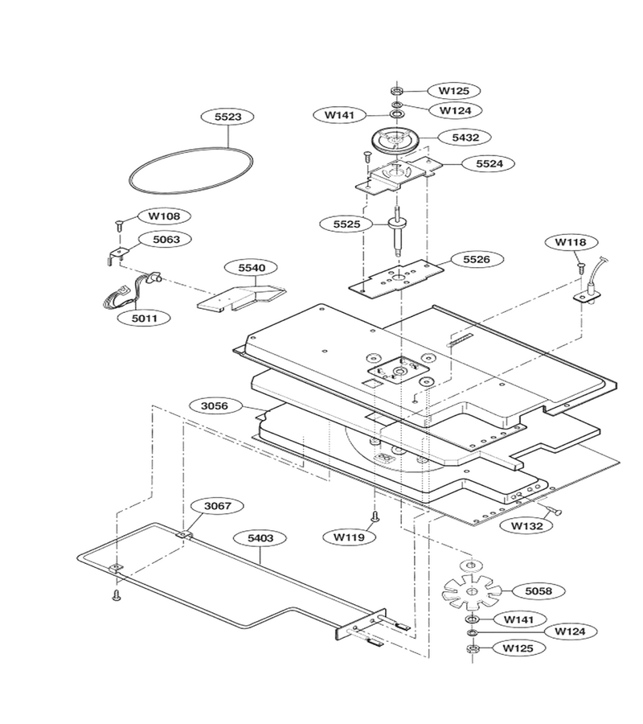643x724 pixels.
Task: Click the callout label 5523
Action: pyautogui.click(x=228, y=117)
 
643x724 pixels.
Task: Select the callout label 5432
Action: pyautogui.click(x=465, y=137)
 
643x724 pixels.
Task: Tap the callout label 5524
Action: pyautogui.click(x=489, y=163)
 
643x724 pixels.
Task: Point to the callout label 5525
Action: pyautogui.click(x=346, y=224)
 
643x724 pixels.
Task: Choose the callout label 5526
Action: pyautogui.click(x=477, y=260)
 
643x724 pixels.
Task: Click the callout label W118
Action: pyautogui.click(x=570, y=242)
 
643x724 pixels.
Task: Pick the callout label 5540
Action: pyautogui.click(x=252, y=268)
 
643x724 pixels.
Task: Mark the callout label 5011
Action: pyautogui.click(x=145, y=318)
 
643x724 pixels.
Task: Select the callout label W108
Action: pyautogui.click(x=164, y=216)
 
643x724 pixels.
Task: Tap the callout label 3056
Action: pyautogui.click(x=215, y=406)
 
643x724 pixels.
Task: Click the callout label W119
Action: pyautogui.click(x=349, y=537)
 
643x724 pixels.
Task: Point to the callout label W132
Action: pyautogui.click(x=527, y=525)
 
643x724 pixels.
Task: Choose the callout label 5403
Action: pyautogui.click(x=260, y=538)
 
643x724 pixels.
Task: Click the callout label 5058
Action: pyautogui.click(x=539, y=591)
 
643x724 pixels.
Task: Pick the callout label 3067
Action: pyautogui.click(x=217, y=506)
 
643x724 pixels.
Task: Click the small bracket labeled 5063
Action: pyautogui.click(x=117, y=254)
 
